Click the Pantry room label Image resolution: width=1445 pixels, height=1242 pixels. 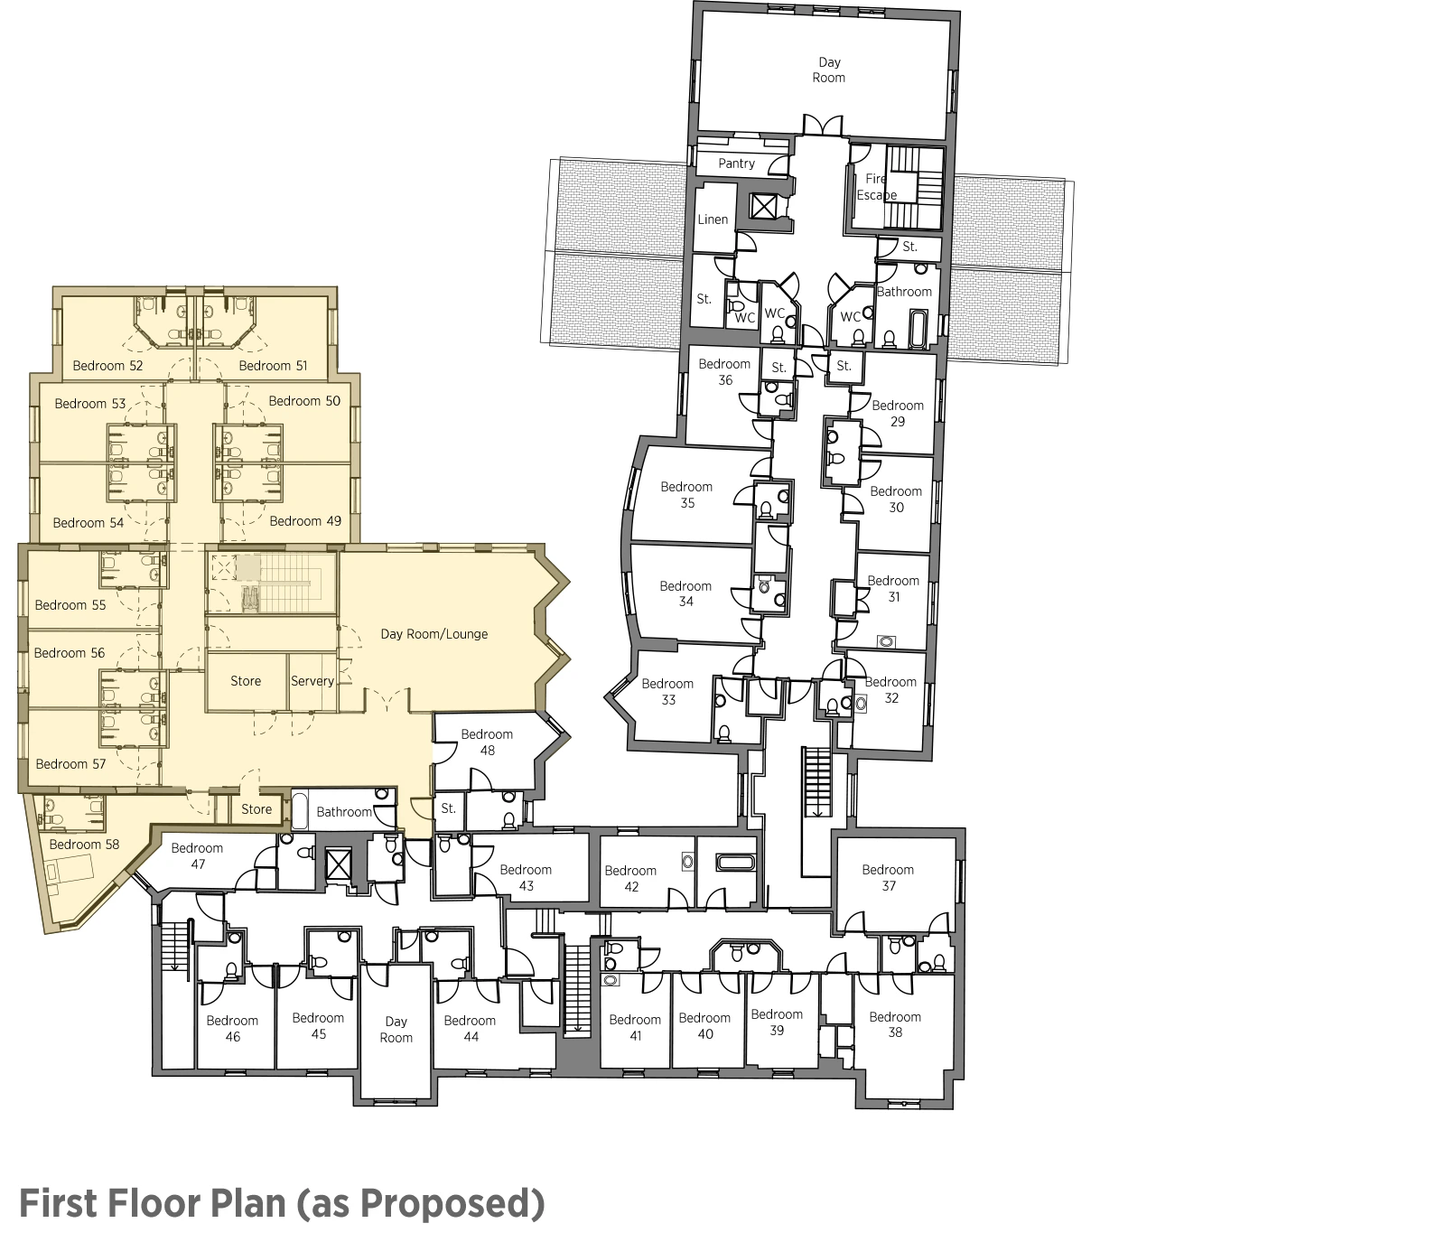pyautogui.click(x=736, y=163)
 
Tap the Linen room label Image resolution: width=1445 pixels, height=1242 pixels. pyautogui.click(x=713, y=219)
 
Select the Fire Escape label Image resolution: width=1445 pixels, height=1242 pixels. pyautogui.click(x=876, y=187)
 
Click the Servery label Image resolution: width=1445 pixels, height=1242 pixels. pyautogui.click(x=312, y=681)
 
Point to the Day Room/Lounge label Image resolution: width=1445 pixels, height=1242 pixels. pyautogui.click(x=433, y=634)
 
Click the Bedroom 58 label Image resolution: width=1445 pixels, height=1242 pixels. pyautogui.click(x=84, y=845)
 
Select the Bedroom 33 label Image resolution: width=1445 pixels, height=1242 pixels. pyautogui.click(x=667, y=692)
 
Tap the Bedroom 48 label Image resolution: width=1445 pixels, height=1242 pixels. pyautogui.click(x=487, y=742)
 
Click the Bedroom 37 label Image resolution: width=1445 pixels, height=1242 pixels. pyautogui.click(x=888, y=878)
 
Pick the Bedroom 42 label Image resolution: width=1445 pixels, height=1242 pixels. pyautogui.click(x=630, y=879)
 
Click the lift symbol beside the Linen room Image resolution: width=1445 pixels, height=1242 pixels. pyautogui.click(x=764, y=208)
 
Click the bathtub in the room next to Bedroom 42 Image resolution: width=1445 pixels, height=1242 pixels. pyautogui.click(x=734, y=863)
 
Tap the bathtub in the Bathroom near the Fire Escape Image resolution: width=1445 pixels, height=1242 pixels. pyautogui.click(x=918, y=330)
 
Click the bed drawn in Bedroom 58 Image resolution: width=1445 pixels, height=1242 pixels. pyautogui.click(x=69, y=872)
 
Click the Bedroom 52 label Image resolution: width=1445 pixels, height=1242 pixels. pyautogui.click(x=107, y=366)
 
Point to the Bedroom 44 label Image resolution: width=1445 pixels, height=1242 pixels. pyautogui.click(x=470, y=1029)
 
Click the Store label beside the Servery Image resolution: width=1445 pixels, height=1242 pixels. pyautogui.click(x=246, y=681)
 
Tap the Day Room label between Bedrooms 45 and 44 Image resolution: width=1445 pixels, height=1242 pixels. pyautogui.click(x=396, y=1030)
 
